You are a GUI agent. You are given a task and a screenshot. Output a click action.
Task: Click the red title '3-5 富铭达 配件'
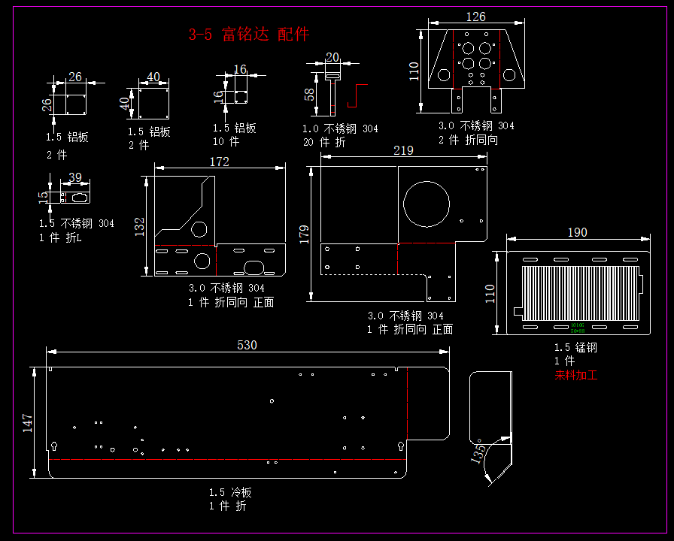tap(249, 34)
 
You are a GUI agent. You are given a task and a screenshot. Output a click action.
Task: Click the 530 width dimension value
tap(247, 345)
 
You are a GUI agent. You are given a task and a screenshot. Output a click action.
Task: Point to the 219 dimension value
tap(403, 150)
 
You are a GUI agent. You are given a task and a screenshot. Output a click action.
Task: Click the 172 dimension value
tap(219, 162)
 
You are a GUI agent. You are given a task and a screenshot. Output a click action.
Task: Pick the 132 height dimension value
tap(140, 227)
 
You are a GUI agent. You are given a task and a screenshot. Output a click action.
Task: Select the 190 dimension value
tap(577, 232)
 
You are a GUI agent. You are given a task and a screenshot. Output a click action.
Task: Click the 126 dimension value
tap(475, 17)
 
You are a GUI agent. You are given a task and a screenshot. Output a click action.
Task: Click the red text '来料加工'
tap(575, 375)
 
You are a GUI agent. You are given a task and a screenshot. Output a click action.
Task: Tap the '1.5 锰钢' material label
tap(575, 348)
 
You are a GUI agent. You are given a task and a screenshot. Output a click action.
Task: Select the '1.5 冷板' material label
tap(230, 492)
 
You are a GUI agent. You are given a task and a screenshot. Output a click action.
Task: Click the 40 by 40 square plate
tap(153, 103)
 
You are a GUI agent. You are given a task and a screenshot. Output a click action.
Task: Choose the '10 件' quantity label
tap(226, 141)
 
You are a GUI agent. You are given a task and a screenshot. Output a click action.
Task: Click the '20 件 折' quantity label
tap(324, 142)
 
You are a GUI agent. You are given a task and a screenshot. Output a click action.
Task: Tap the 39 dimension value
tap(75, 177)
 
